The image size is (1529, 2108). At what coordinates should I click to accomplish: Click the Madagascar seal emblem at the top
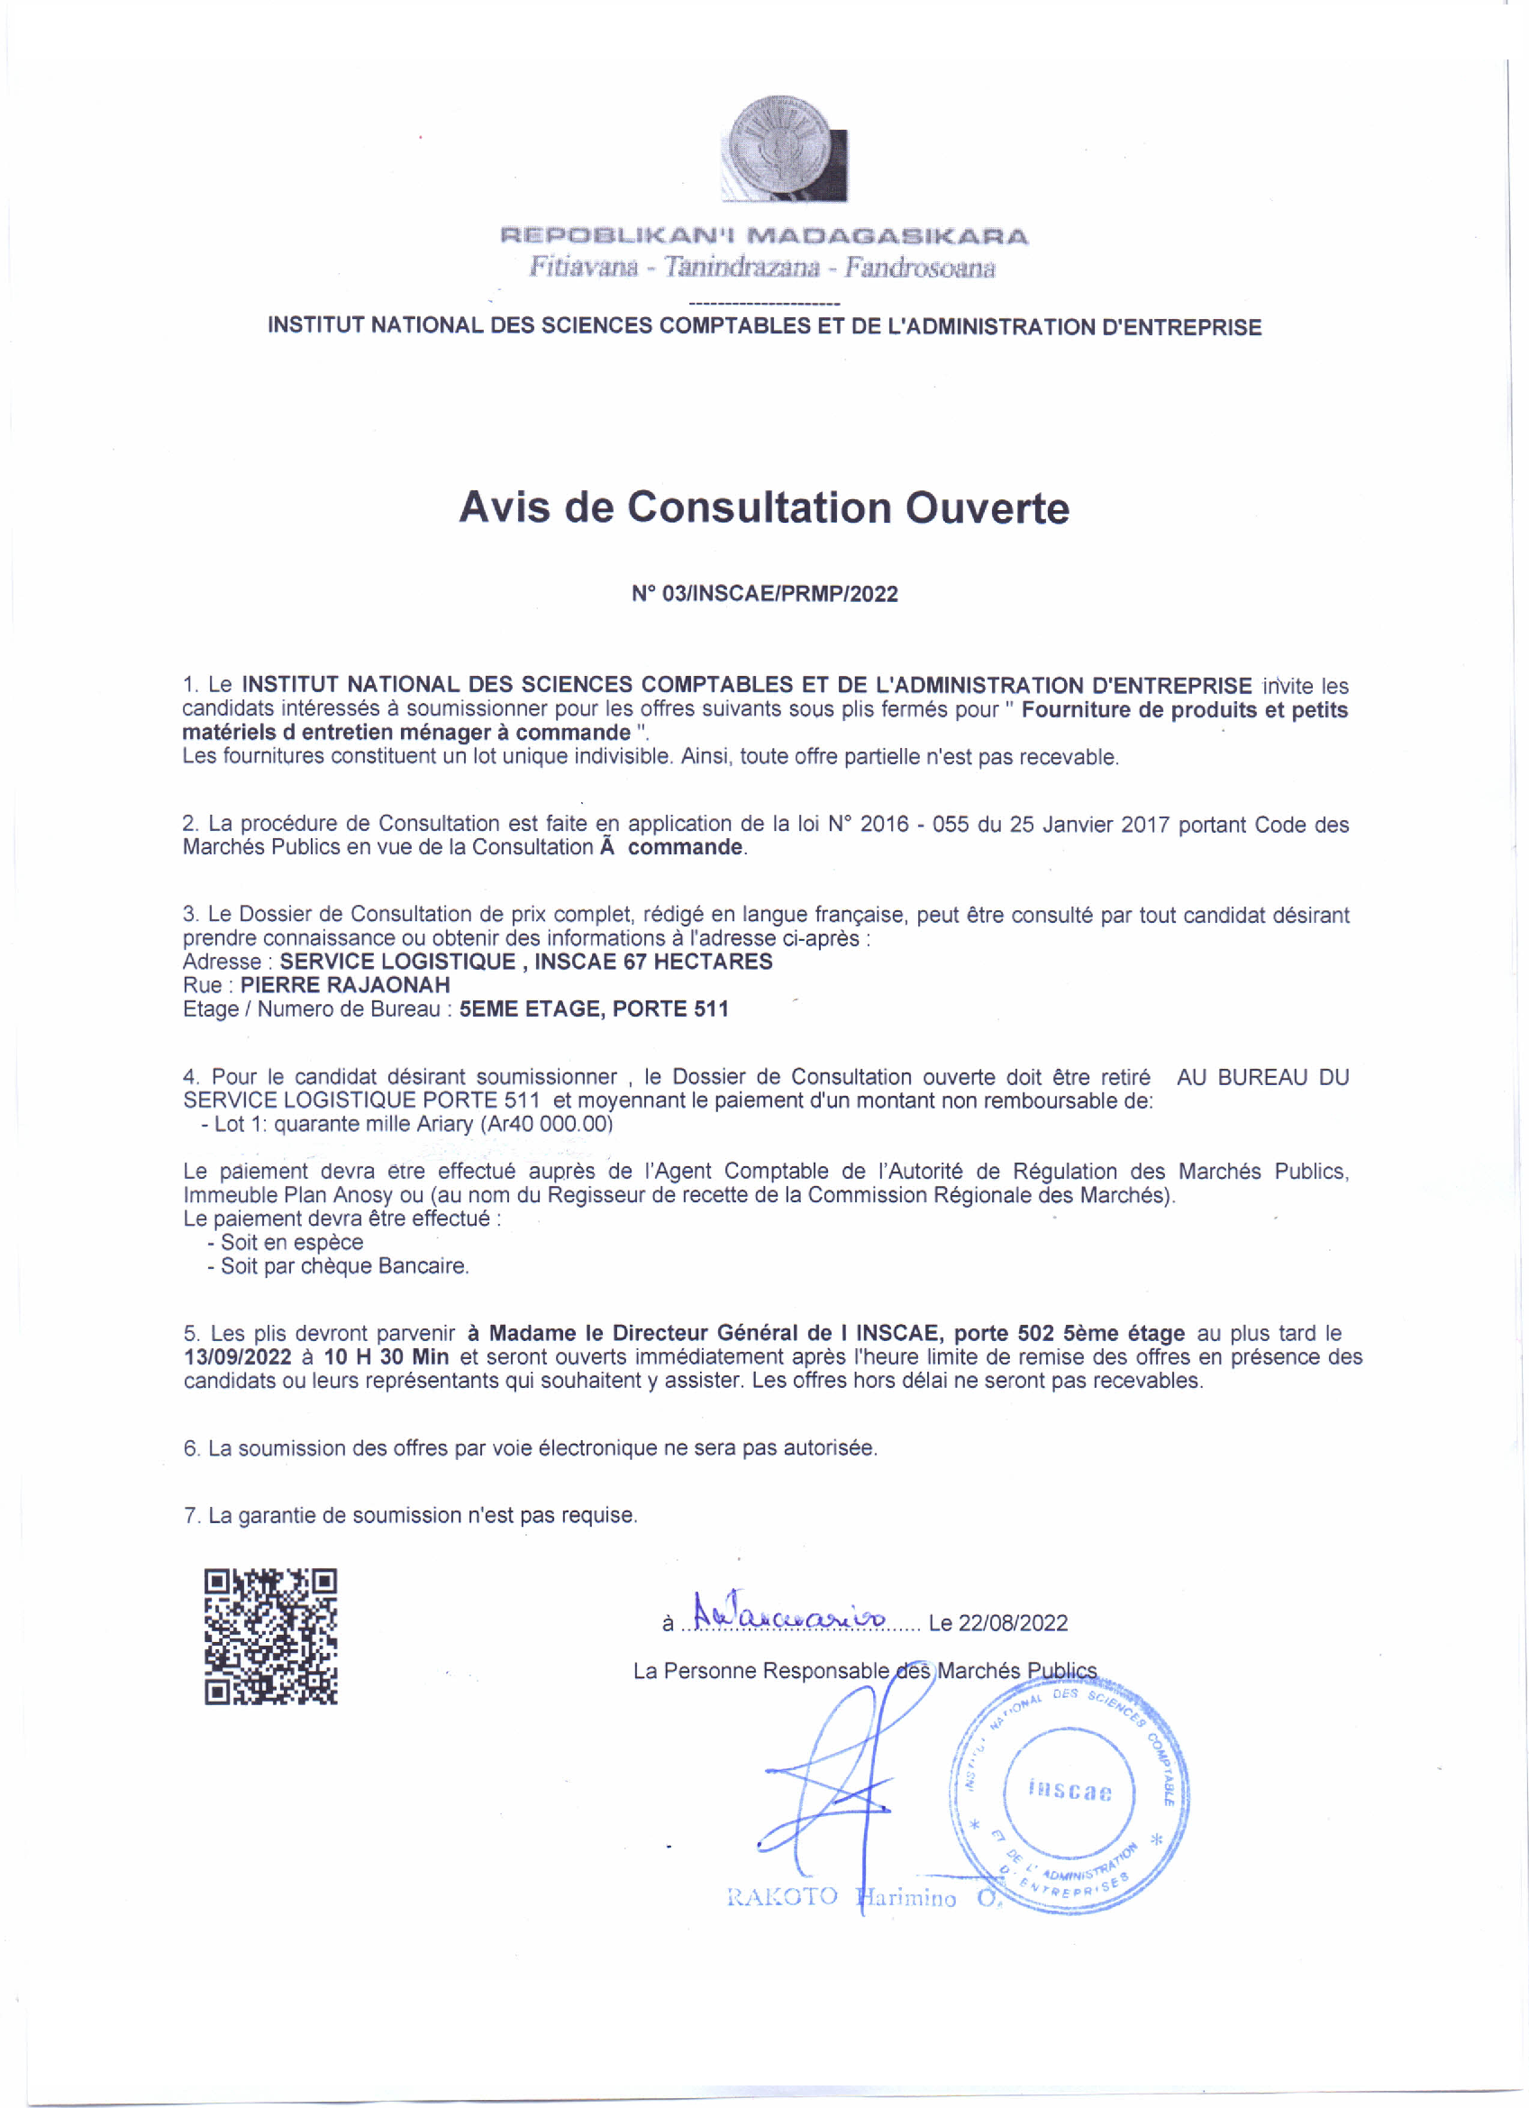click(x=784, y=148)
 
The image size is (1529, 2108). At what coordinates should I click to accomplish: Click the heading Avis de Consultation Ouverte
click(x=764, y=507)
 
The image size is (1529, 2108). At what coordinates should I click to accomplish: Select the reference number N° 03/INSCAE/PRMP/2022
click(x=764, y=594)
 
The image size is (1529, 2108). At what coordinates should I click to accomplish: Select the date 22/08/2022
click(x=1012, y=1623)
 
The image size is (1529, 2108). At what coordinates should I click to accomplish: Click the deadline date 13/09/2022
click(x=237, y=1357)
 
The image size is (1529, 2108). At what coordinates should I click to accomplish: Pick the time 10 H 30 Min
click(x=386, y=1357)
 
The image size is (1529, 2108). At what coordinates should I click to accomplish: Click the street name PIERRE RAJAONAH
click(x=345, y=985)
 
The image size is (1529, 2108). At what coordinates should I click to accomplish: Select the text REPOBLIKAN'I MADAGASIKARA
click(x=764, y=236)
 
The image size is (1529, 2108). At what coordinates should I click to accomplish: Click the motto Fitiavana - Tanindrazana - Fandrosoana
click(x=762, y=268)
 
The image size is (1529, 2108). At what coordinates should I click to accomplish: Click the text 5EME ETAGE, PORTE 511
click(x=593, y=1009)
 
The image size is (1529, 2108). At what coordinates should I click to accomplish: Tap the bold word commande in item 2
click(x=685, y=847)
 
